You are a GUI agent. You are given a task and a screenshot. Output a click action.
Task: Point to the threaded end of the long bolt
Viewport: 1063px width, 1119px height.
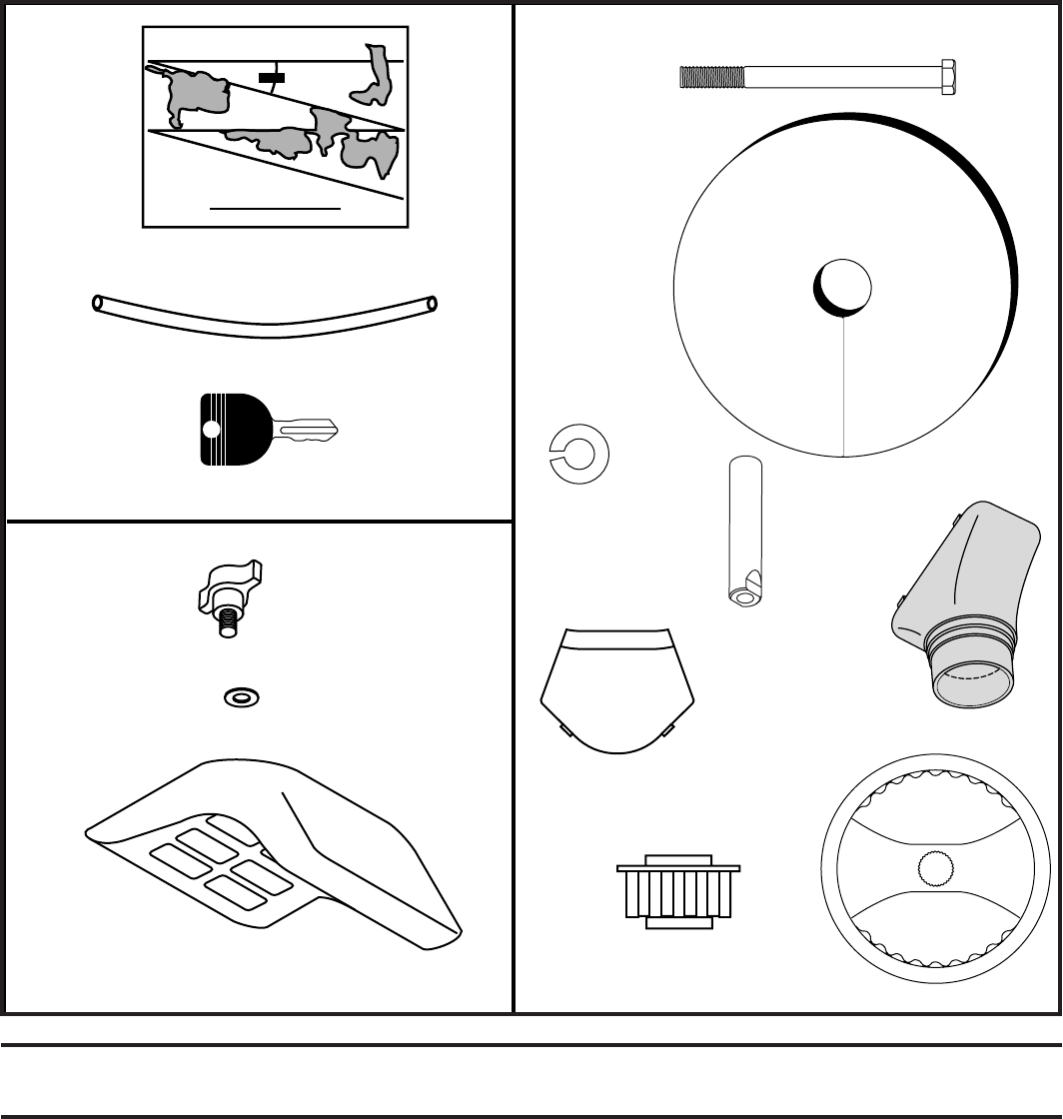coord(710,76)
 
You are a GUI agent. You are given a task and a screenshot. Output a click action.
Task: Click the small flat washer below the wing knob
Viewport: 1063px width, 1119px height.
coord(237,695)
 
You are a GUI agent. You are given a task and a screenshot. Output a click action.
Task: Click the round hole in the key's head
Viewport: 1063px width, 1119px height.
coord(210,431)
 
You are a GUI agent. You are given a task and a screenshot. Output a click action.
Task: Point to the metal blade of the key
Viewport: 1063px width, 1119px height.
coord(306,433)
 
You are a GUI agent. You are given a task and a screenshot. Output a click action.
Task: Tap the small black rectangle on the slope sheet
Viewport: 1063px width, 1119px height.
coord(271,77)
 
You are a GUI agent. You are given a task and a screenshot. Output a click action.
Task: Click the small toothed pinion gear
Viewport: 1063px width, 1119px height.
coord(678,891)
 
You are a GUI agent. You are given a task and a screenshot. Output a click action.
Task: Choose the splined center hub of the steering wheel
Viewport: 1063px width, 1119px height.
coord(937,869)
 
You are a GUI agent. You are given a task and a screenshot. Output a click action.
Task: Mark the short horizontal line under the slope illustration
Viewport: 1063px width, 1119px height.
coord(275,209)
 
